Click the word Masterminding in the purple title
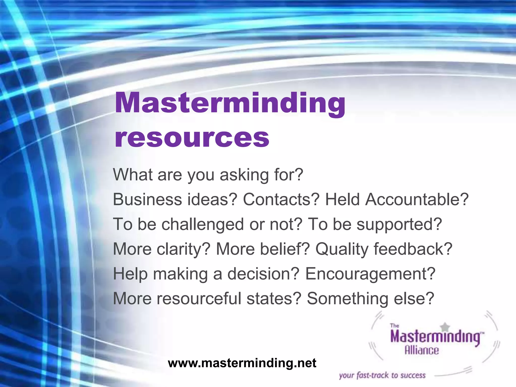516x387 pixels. (230, 103)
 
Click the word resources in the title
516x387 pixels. (192, 138)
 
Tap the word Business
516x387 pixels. (148, 199)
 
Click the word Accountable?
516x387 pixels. (417, 199)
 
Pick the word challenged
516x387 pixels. (203, 224)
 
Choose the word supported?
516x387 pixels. (399, 224)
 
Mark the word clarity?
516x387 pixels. (183, 249)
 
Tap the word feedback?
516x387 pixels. (413, 249)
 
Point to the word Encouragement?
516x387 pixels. (370, 274)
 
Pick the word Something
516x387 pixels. (347, 298)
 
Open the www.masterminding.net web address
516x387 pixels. (242, 363)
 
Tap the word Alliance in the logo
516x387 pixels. (422, 350)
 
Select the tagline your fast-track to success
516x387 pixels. (382, 375)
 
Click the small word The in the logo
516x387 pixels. (394, 326)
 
